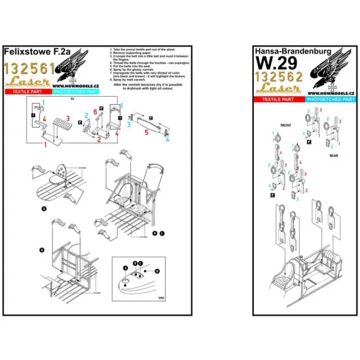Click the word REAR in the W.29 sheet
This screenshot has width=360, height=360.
click(x=333, y=157)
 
